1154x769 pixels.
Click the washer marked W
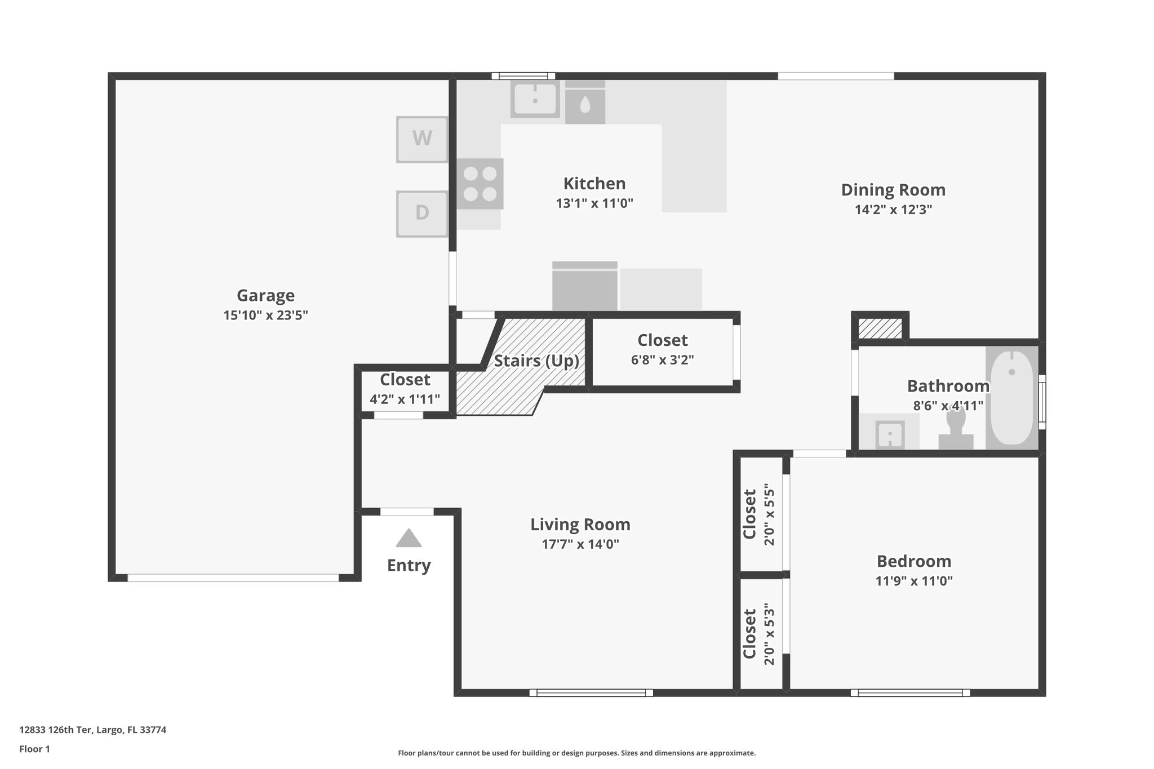point(422,139)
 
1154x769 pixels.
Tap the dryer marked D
point(422,214)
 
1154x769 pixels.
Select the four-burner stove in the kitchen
point(480,184)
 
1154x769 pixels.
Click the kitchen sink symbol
point(535,100)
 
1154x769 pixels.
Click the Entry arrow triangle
point(409,538)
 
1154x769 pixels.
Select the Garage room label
point(265,295)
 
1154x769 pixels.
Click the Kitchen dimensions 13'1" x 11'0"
point(594,203)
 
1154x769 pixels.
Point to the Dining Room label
point(893,190)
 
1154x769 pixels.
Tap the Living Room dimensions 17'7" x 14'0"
point(580,544)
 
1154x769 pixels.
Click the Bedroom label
point(914,561)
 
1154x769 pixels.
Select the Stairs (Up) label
point(536,361)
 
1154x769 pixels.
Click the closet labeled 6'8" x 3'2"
point(662,350)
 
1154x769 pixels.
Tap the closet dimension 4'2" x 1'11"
point(405,399)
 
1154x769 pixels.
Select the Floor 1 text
point(35,749)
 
